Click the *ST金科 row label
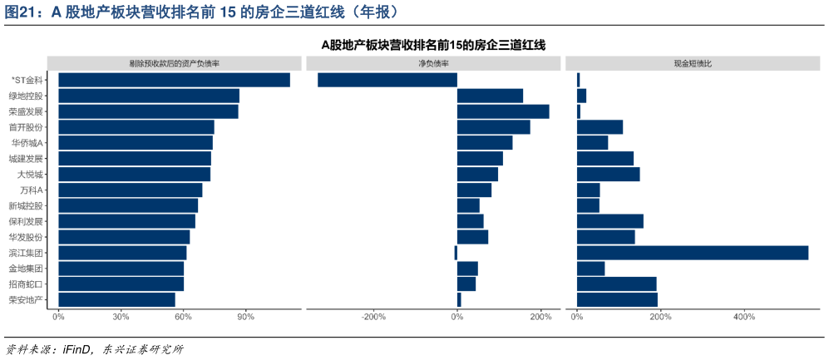27,80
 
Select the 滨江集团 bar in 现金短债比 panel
692,253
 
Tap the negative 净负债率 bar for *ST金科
387,80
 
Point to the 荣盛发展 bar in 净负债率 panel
503,111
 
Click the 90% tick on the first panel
245,317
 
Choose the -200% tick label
373,317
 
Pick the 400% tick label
744,317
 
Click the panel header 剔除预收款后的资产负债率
175,63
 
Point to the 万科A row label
31,190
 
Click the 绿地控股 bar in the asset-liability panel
148,96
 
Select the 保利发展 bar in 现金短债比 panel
609,221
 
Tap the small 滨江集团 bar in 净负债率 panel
456,253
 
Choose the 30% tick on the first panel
121,317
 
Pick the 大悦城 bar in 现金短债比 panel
608,175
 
